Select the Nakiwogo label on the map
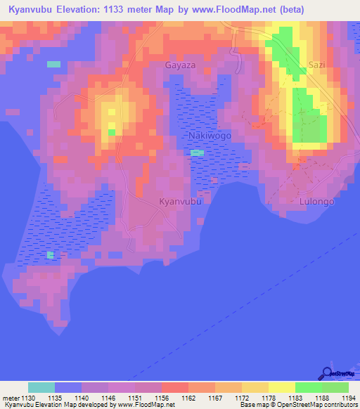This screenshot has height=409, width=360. pos(210,135)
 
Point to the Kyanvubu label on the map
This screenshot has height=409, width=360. pos(181,202)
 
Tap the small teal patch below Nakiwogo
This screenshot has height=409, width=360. pos(198,152)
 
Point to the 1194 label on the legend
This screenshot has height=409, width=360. pos(348,398)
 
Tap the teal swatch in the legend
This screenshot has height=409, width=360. pos(41,387)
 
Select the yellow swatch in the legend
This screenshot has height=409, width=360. pos(281,387)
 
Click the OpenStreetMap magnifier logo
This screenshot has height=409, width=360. pos(327,372)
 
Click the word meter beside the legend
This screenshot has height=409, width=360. pos(11,398)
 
